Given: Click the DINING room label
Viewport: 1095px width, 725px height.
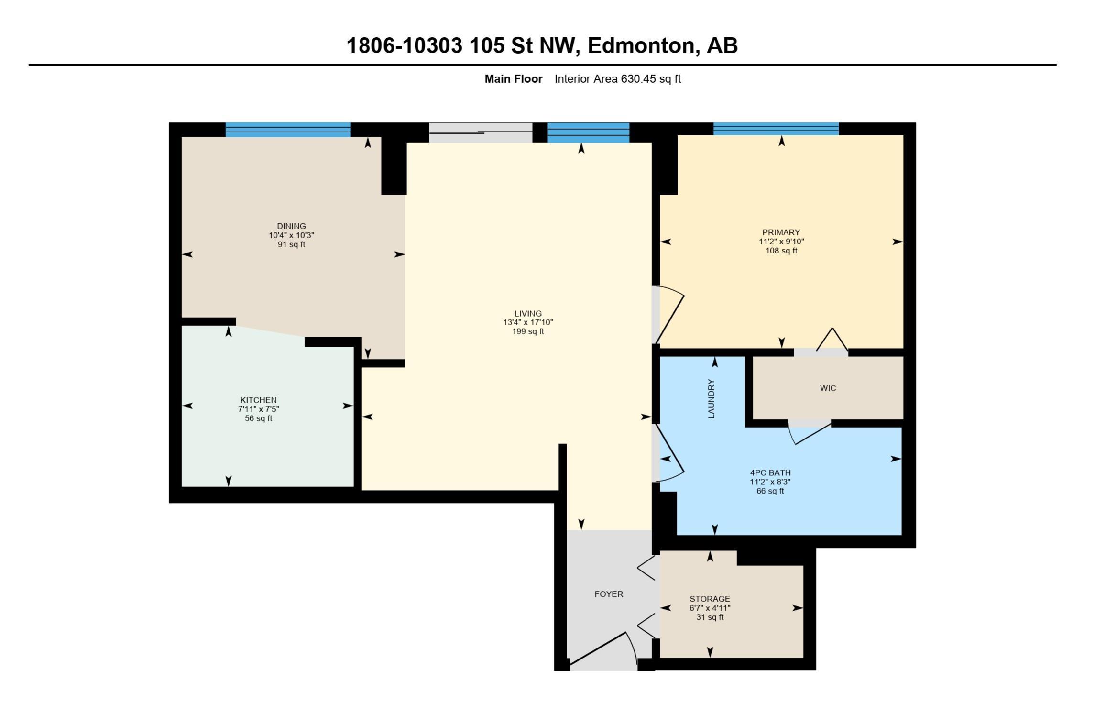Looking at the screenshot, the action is click(x=291, y=226).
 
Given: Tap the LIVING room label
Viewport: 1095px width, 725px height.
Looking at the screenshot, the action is click(x=528, y=314).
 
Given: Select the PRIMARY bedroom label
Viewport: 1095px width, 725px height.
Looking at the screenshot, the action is click(x=781, y=232).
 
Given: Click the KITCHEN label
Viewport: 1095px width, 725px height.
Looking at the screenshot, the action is click(x=258, y=400).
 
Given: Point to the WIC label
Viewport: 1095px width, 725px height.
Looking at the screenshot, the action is click(x=828, y=388).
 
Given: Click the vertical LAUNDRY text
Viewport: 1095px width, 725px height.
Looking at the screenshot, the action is click(x=711, y=399).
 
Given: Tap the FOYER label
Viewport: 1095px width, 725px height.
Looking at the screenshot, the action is click(x=609, y=594).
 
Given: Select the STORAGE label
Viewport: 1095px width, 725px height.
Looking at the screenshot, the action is click(x=710, y=599).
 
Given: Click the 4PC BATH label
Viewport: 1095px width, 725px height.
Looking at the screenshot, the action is click(x=770, y=473).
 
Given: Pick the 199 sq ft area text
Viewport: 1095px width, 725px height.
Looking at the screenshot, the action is click(x=528, y=331).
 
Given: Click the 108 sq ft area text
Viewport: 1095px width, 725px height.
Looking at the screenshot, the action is click(x=781, y=251).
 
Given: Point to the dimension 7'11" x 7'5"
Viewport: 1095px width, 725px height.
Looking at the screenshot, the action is click(x=258, y=409).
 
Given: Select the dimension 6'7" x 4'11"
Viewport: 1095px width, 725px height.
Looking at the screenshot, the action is click(x=710, y=608).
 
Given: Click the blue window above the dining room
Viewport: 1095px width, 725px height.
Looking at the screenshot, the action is click(x=288, y=130).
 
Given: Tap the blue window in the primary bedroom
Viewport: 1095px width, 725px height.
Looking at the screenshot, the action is click(x=776, y=129).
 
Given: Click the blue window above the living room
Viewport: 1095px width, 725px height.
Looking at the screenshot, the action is click(x=588, y=132).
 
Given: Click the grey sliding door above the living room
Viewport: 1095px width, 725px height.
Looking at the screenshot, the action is click(x=481, y=132).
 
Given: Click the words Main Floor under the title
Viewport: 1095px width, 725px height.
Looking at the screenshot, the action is click(x=514, y=79).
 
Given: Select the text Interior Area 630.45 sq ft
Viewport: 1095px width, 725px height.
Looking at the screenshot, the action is click(x=618, y=79).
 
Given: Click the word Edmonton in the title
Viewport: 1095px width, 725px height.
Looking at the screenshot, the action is click(x=641, y=46).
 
